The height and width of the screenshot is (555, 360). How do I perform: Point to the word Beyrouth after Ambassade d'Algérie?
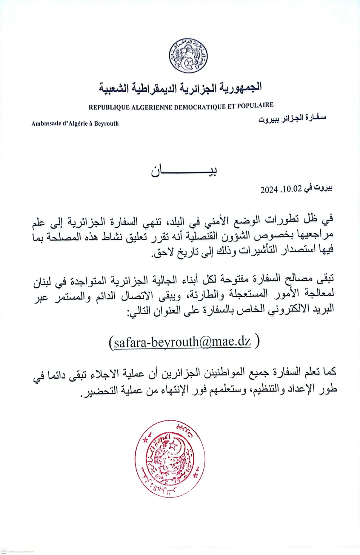point(106,123)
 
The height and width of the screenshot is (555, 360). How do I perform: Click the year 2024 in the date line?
point(269,189)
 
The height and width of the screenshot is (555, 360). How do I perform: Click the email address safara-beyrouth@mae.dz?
point(182,342)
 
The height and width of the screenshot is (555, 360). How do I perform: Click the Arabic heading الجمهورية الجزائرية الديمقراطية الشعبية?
point(180,87)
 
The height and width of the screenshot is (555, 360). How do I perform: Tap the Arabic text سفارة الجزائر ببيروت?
point(292,118)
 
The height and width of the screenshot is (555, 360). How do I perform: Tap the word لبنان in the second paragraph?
point(44,282)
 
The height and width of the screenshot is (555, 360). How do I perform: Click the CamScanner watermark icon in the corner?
point(4,551)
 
